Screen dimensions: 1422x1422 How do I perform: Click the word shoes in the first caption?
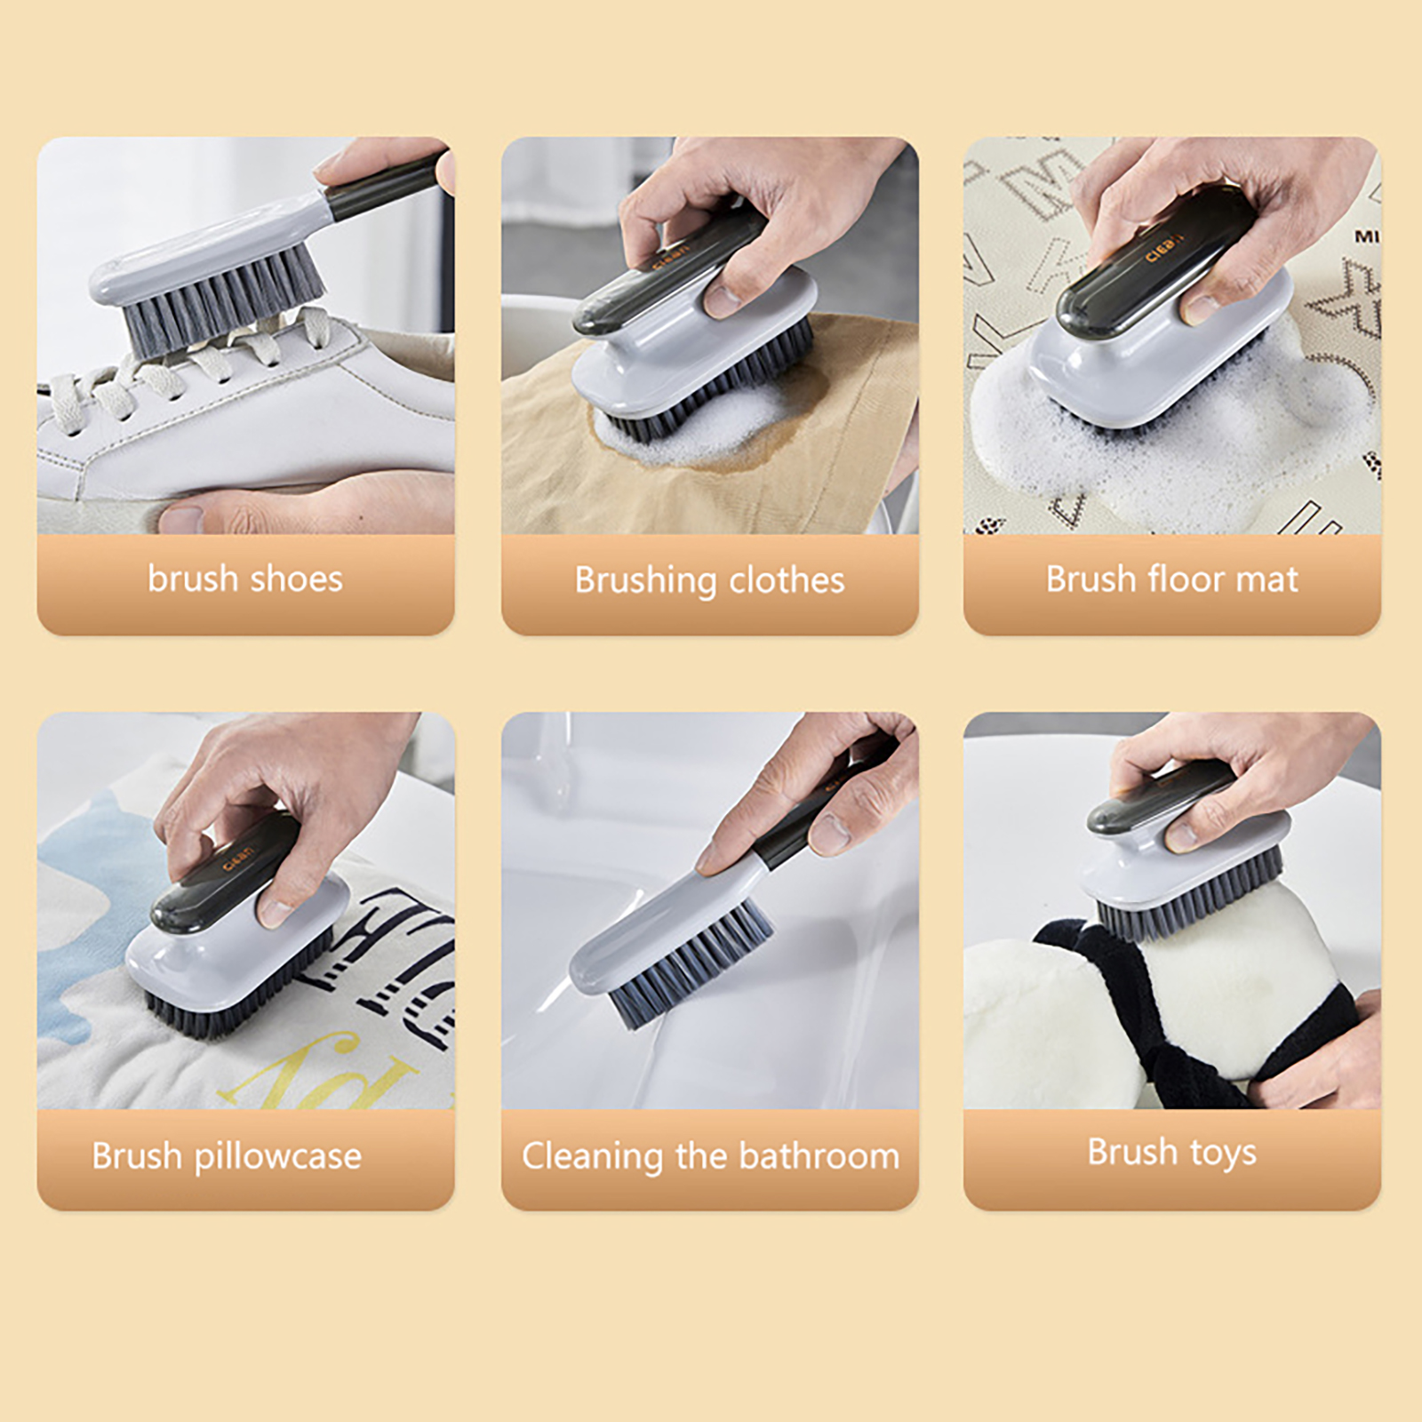coord(296,579)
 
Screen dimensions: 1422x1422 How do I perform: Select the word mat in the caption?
coord(1266,580)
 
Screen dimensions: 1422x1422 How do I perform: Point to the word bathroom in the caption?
coord(819,1156)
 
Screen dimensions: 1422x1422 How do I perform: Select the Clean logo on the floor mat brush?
coord(1164,248)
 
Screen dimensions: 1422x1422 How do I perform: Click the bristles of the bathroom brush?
coord(689,964)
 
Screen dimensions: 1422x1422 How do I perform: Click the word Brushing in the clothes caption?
coord(645,580)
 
